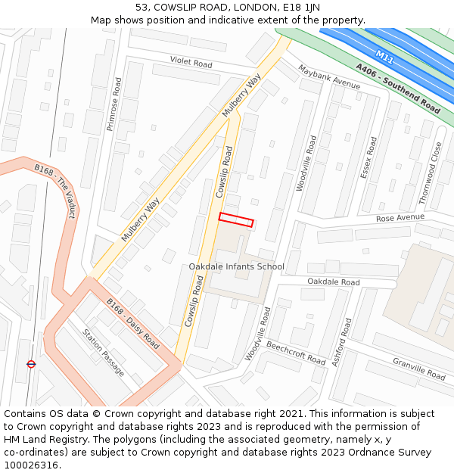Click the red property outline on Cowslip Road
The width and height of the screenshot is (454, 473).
pos(236,219)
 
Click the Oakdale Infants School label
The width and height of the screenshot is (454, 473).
pos(236,266)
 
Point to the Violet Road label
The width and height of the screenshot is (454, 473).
pos(191,63)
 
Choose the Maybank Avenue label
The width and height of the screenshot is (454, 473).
pos(329,76)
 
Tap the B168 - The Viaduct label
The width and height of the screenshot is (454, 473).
pos(55,191)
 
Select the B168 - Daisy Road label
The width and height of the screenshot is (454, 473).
pos(132,324)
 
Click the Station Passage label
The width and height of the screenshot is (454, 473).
pos(103,353)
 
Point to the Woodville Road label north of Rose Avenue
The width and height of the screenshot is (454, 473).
pos(306,163)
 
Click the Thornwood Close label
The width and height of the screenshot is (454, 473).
pos(431,173)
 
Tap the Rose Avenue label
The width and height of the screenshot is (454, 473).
pos(400,218)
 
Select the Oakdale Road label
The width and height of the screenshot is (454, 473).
pos(333,282)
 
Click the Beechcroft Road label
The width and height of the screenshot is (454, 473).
pos(295,352)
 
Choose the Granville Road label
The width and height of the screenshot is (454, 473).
pos(418,369)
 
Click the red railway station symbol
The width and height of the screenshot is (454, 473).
pos(31,364)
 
